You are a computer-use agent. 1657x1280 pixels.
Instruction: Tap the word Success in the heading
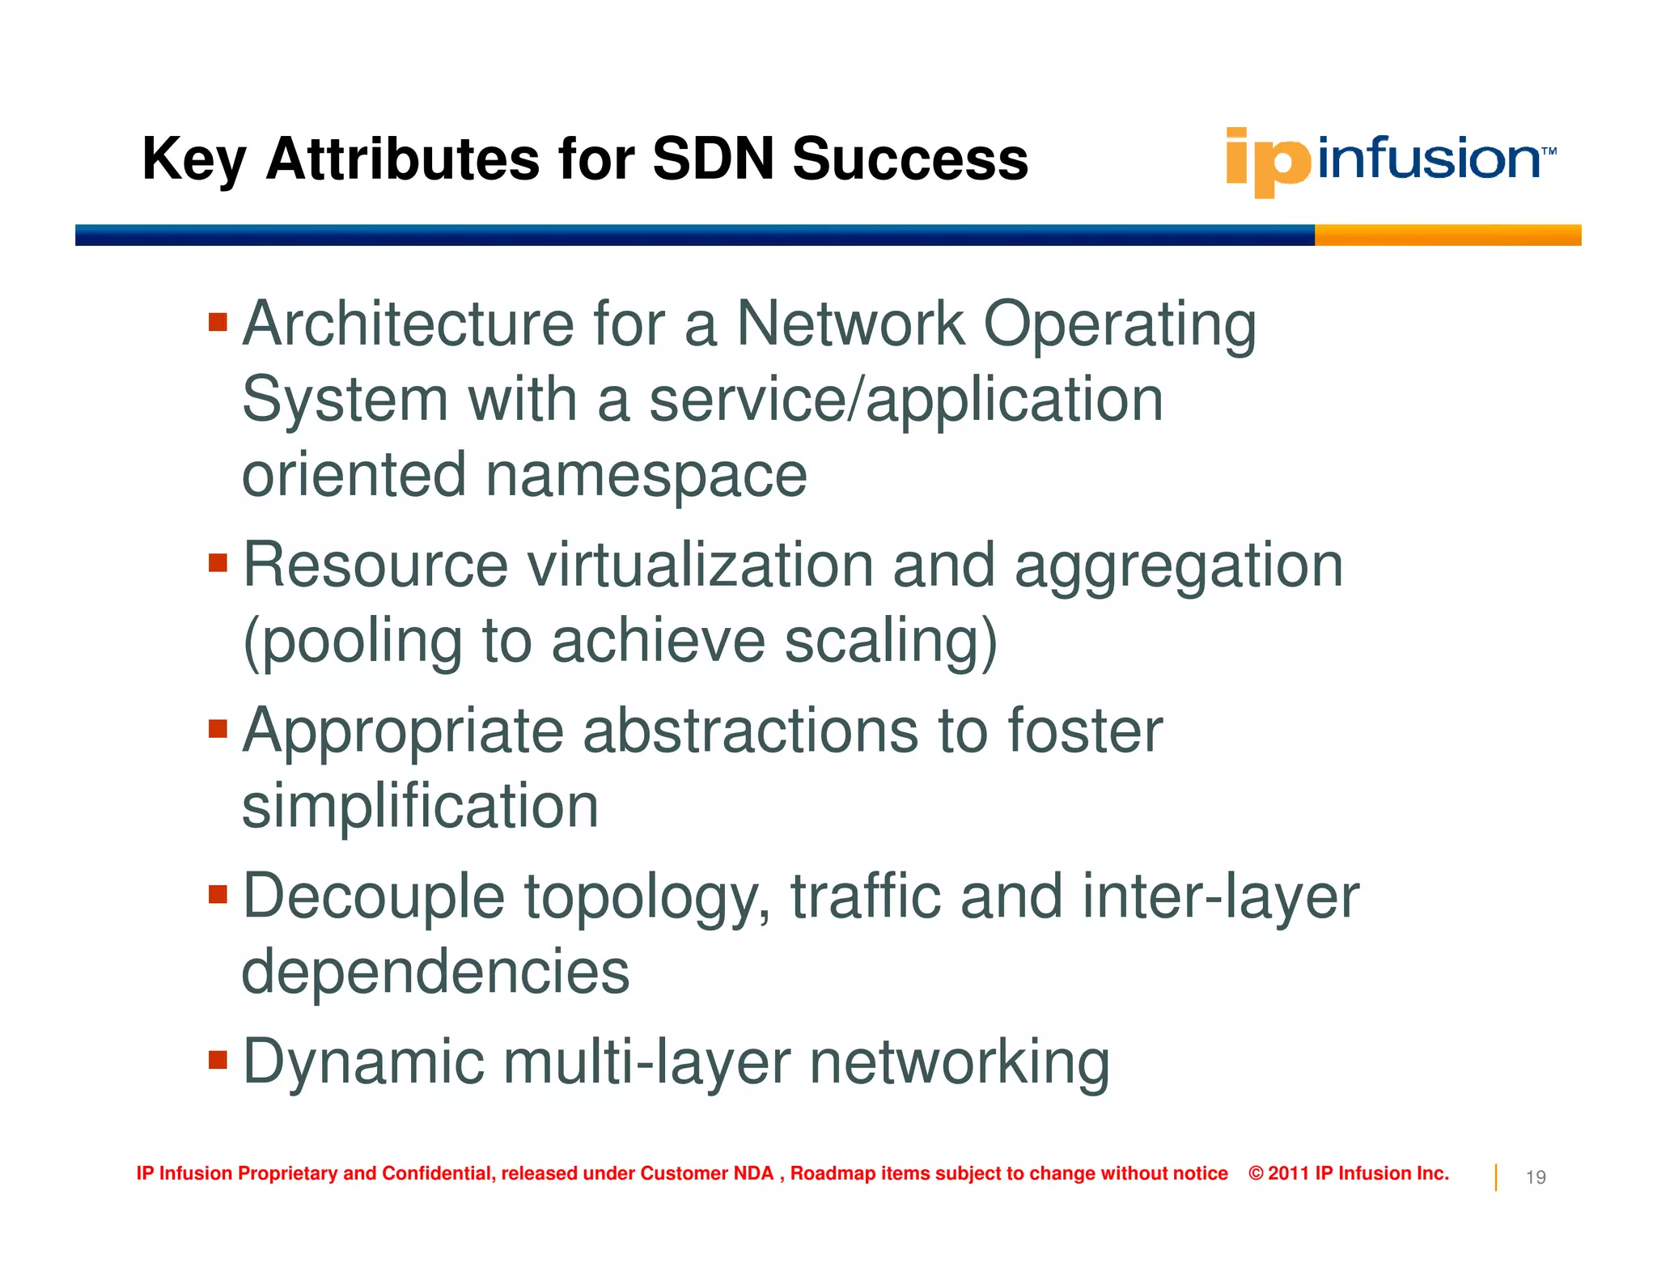pos(910,159)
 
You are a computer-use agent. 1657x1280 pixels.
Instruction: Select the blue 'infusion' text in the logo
pos(1429,159)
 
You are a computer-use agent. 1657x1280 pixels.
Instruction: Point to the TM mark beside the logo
pos(1549,151)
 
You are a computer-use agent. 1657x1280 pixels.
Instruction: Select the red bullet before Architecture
pos(218,323)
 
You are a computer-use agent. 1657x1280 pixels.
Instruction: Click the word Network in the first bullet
pos(850,324)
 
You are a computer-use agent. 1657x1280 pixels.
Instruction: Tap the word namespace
pos(646,476)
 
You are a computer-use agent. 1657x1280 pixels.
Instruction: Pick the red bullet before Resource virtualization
pos(218,562)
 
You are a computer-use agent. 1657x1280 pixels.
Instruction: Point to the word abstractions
pos(750,731)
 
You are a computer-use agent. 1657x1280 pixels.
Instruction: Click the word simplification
pos(420,807)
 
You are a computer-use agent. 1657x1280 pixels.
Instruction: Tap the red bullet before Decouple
pos(218,894)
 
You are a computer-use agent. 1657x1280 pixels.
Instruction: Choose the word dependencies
pos(435,972)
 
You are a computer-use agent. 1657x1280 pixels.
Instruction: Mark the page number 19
pos(1535,1177)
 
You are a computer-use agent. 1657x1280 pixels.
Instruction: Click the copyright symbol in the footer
pos(1256,1173)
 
